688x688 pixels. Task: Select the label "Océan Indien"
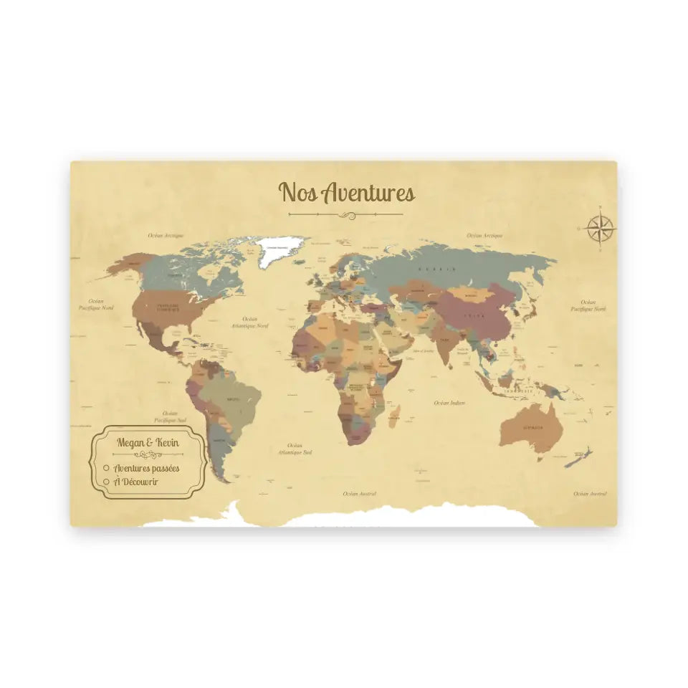[449, 403]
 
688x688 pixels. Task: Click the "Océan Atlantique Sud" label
[295, 449]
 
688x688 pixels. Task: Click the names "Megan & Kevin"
[149, 441]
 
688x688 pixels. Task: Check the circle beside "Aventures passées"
[106, 468]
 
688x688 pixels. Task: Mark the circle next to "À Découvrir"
[106, 481]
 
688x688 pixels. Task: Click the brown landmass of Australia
[530, 429]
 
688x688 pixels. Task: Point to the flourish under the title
[346, 214]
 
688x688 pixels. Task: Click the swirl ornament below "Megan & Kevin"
[149, 455]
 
